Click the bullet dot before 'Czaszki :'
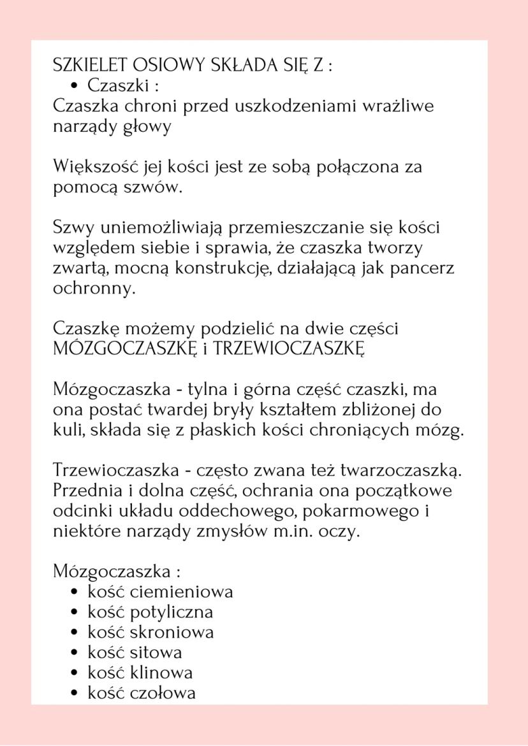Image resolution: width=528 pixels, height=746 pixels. click(x=75, y=85)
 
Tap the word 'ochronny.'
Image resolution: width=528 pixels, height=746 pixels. click(x=94, y=288)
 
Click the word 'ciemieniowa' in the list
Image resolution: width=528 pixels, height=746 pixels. click(x=181, y=592)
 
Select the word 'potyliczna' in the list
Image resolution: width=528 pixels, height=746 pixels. click(x=171, y=613)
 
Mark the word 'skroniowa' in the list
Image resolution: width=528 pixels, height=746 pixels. click(x=172, y=633)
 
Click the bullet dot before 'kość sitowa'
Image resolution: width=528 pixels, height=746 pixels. click(x=75, y=653)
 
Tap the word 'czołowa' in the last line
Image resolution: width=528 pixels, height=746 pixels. click(x=163, y=693)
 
